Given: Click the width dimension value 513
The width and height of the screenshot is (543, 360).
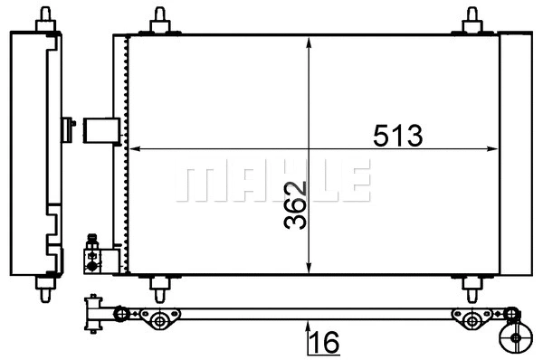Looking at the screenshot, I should pos(398,136).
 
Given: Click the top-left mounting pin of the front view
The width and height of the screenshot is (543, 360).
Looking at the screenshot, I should pos(159,18).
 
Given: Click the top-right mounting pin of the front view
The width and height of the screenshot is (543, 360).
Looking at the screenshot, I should pos(471,18).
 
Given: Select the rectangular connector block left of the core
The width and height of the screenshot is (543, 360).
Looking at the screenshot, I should pos(100,130).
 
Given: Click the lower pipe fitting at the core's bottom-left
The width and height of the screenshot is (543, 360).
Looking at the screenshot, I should pos(92,253).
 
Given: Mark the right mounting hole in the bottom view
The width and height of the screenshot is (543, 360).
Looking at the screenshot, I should pos(471,320).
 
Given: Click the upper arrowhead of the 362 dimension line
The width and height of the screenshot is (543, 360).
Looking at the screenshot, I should pos(310,42).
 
